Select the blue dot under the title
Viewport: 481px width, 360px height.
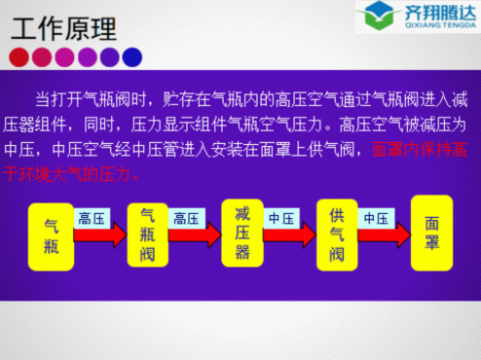click(132, 56)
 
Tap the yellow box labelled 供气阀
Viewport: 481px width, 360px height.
click(337, 234)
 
